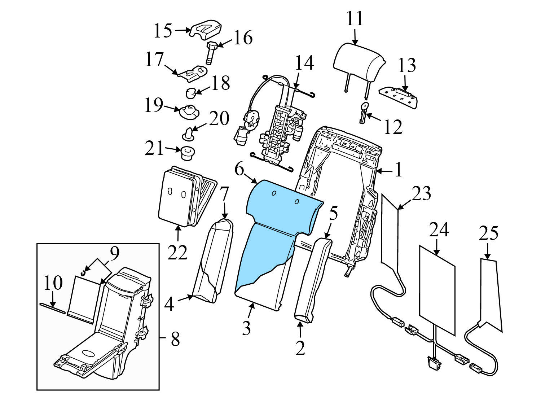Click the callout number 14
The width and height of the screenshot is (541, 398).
304,63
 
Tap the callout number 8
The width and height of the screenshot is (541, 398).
175,339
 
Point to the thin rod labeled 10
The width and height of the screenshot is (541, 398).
52,307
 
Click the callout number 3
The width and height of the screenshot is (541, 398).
246,328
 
